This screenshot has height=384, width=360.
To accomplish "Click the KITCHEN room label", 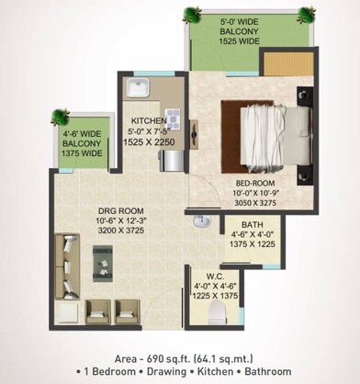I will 149,121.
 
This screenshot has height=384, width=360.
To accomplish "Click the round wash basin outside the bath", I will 201,221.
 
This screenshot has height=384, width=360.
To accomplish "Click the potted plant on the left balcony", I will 60,117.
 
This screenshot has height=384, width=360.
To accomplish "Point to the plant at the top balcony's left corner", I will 192,14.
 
